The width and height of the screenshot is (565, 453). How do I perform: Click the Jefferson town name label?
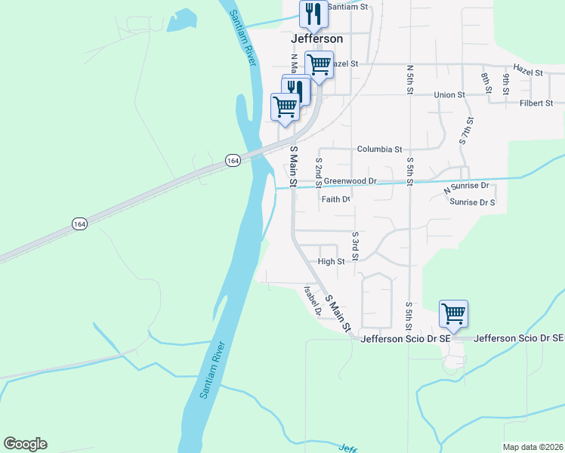[316, 39]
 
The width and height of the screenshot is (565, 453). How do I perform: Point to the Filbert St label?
[536, 103]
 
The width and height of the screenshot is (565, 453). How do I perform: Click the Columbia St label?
[379, 149]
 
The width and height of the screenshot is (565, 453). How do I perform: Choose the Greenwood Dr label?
[350, 181]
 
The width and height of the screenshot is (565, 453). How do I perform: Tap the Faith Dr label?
[335, 200]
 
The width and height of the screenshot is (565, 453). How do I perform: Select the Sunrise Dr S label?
[472, 202]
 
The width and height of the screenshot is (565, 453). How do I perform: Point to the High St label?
[331, 262]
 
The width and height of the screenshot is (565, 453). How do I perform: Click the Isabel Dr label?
[313, 300]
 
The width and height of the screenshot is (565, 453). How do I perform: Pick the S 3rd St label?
[355, 244]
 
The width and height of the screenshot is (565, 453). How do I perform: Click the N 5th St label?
[409, 79]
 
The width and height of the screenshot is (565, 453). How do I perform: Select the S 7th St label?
[466, 131]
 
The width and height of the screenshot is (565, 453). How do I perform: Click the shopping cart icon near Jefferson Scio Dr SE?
[453, 313]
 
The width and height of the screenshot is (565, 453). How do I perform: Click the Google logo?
[25, 444]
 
